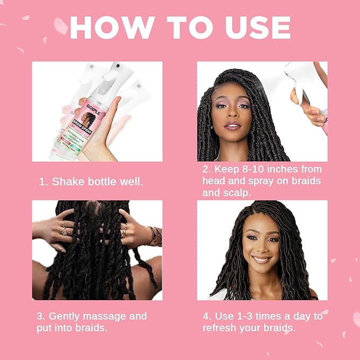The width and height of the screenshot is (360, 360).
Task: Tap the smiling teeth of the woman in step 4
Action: (261, 259)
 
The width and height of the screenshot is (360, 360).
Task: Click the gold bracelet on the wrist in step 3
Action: (154, 236)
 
